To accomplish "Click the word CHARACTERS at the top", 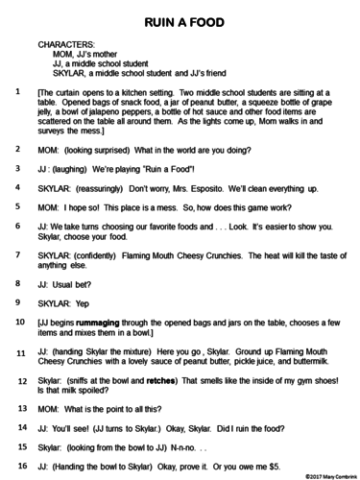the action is click(66, 45).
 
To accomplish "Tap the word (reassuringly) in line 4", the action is click(107, 188).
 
